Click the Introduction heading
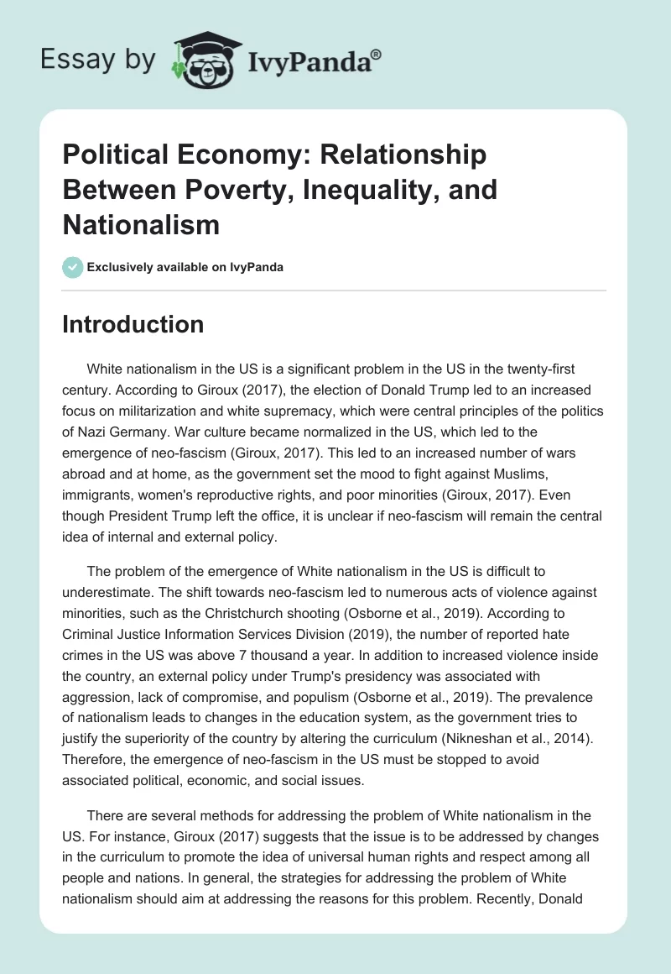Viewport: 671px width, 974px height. [133, 324]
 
